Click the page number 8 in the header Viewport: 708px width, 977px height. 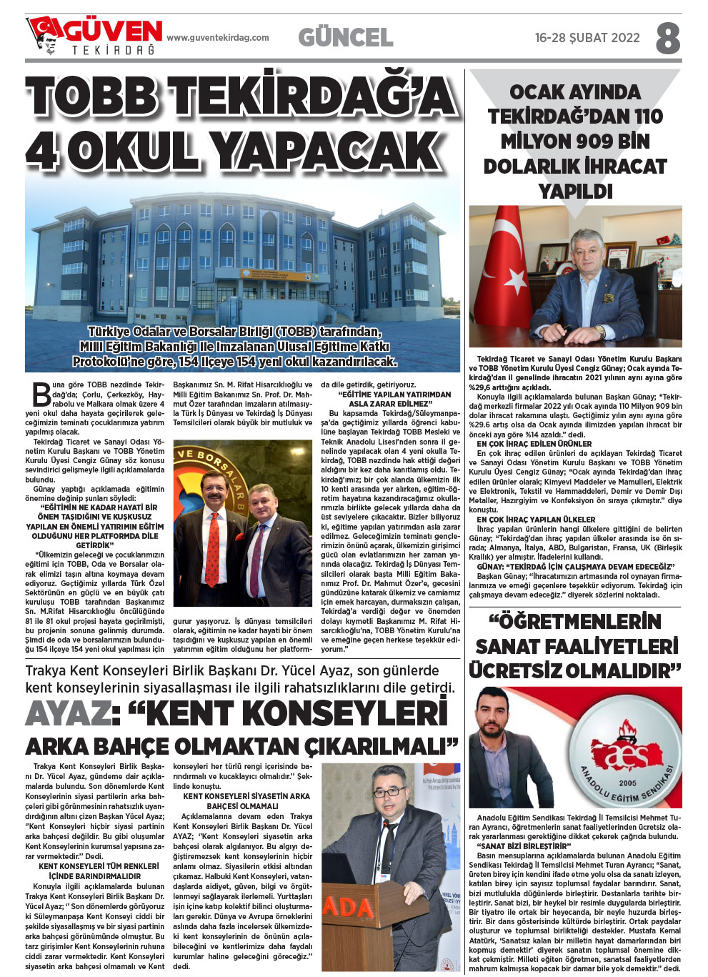667,38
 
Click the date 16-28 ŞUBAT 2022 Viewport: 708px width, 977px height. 587,38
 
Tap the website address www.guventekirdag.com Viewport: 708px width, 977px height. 218,38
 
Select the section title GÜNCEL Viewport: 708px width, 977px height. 345,37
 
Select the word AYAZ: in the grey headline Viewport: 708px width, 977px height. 69,713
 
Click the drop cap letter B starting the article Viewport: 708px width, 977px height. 41,395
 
